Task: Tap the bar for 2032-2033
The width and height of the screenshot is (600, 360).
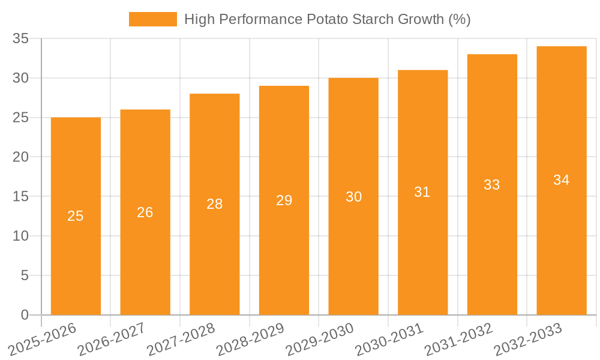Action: tap(562, 240)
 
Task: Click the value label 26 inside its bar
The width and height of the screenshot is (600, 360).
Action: tap(145, 212)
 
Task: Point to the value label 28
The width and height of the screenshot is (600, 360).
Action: tap(215, 204)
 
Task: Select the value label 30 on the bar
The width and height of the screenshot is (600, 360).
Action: tap(353, 197)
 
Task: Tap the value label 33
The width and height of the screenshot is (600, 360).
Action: tap(492, 185)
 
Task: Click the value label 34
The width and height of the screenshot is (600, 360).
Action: tap(562, 180)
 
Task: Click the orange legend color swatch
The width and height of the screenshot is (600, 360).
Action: tap(153, 19)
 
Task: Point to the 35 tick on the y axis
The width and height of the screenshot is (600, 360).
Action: tap(21, 39)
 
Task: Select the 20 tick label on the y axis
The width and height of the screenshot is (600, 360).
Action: tap(21, 157)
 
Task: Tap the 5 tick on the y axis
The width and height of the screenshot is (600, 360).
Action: tap(25, 275)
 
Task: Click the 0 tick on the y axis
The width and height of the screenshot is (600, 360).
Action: tap(25, 315)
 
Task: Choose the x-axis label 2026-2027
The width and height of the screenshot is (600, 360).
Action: tap(111, 340)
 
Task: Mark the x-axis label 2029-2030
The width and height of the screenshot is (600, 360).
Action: tap(319, 340)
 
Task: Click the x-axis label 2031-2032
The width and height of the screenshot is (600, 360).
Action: tap(458, 340)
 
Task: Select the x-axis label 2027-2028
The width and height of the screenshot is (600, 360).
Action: tap(181, 340)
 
